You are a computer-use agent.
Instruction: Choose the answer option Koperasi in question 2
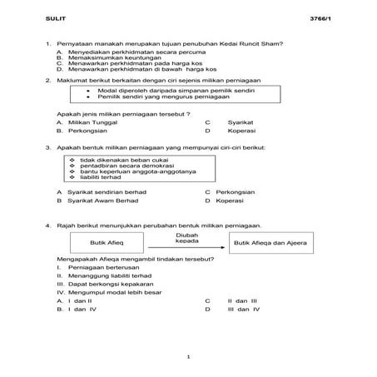tap(241, 131)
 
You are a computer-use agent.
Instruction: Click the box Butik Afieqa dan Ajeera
tap(270, 242)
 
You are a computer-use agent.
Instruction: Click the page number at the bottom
tap(189, 357)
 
